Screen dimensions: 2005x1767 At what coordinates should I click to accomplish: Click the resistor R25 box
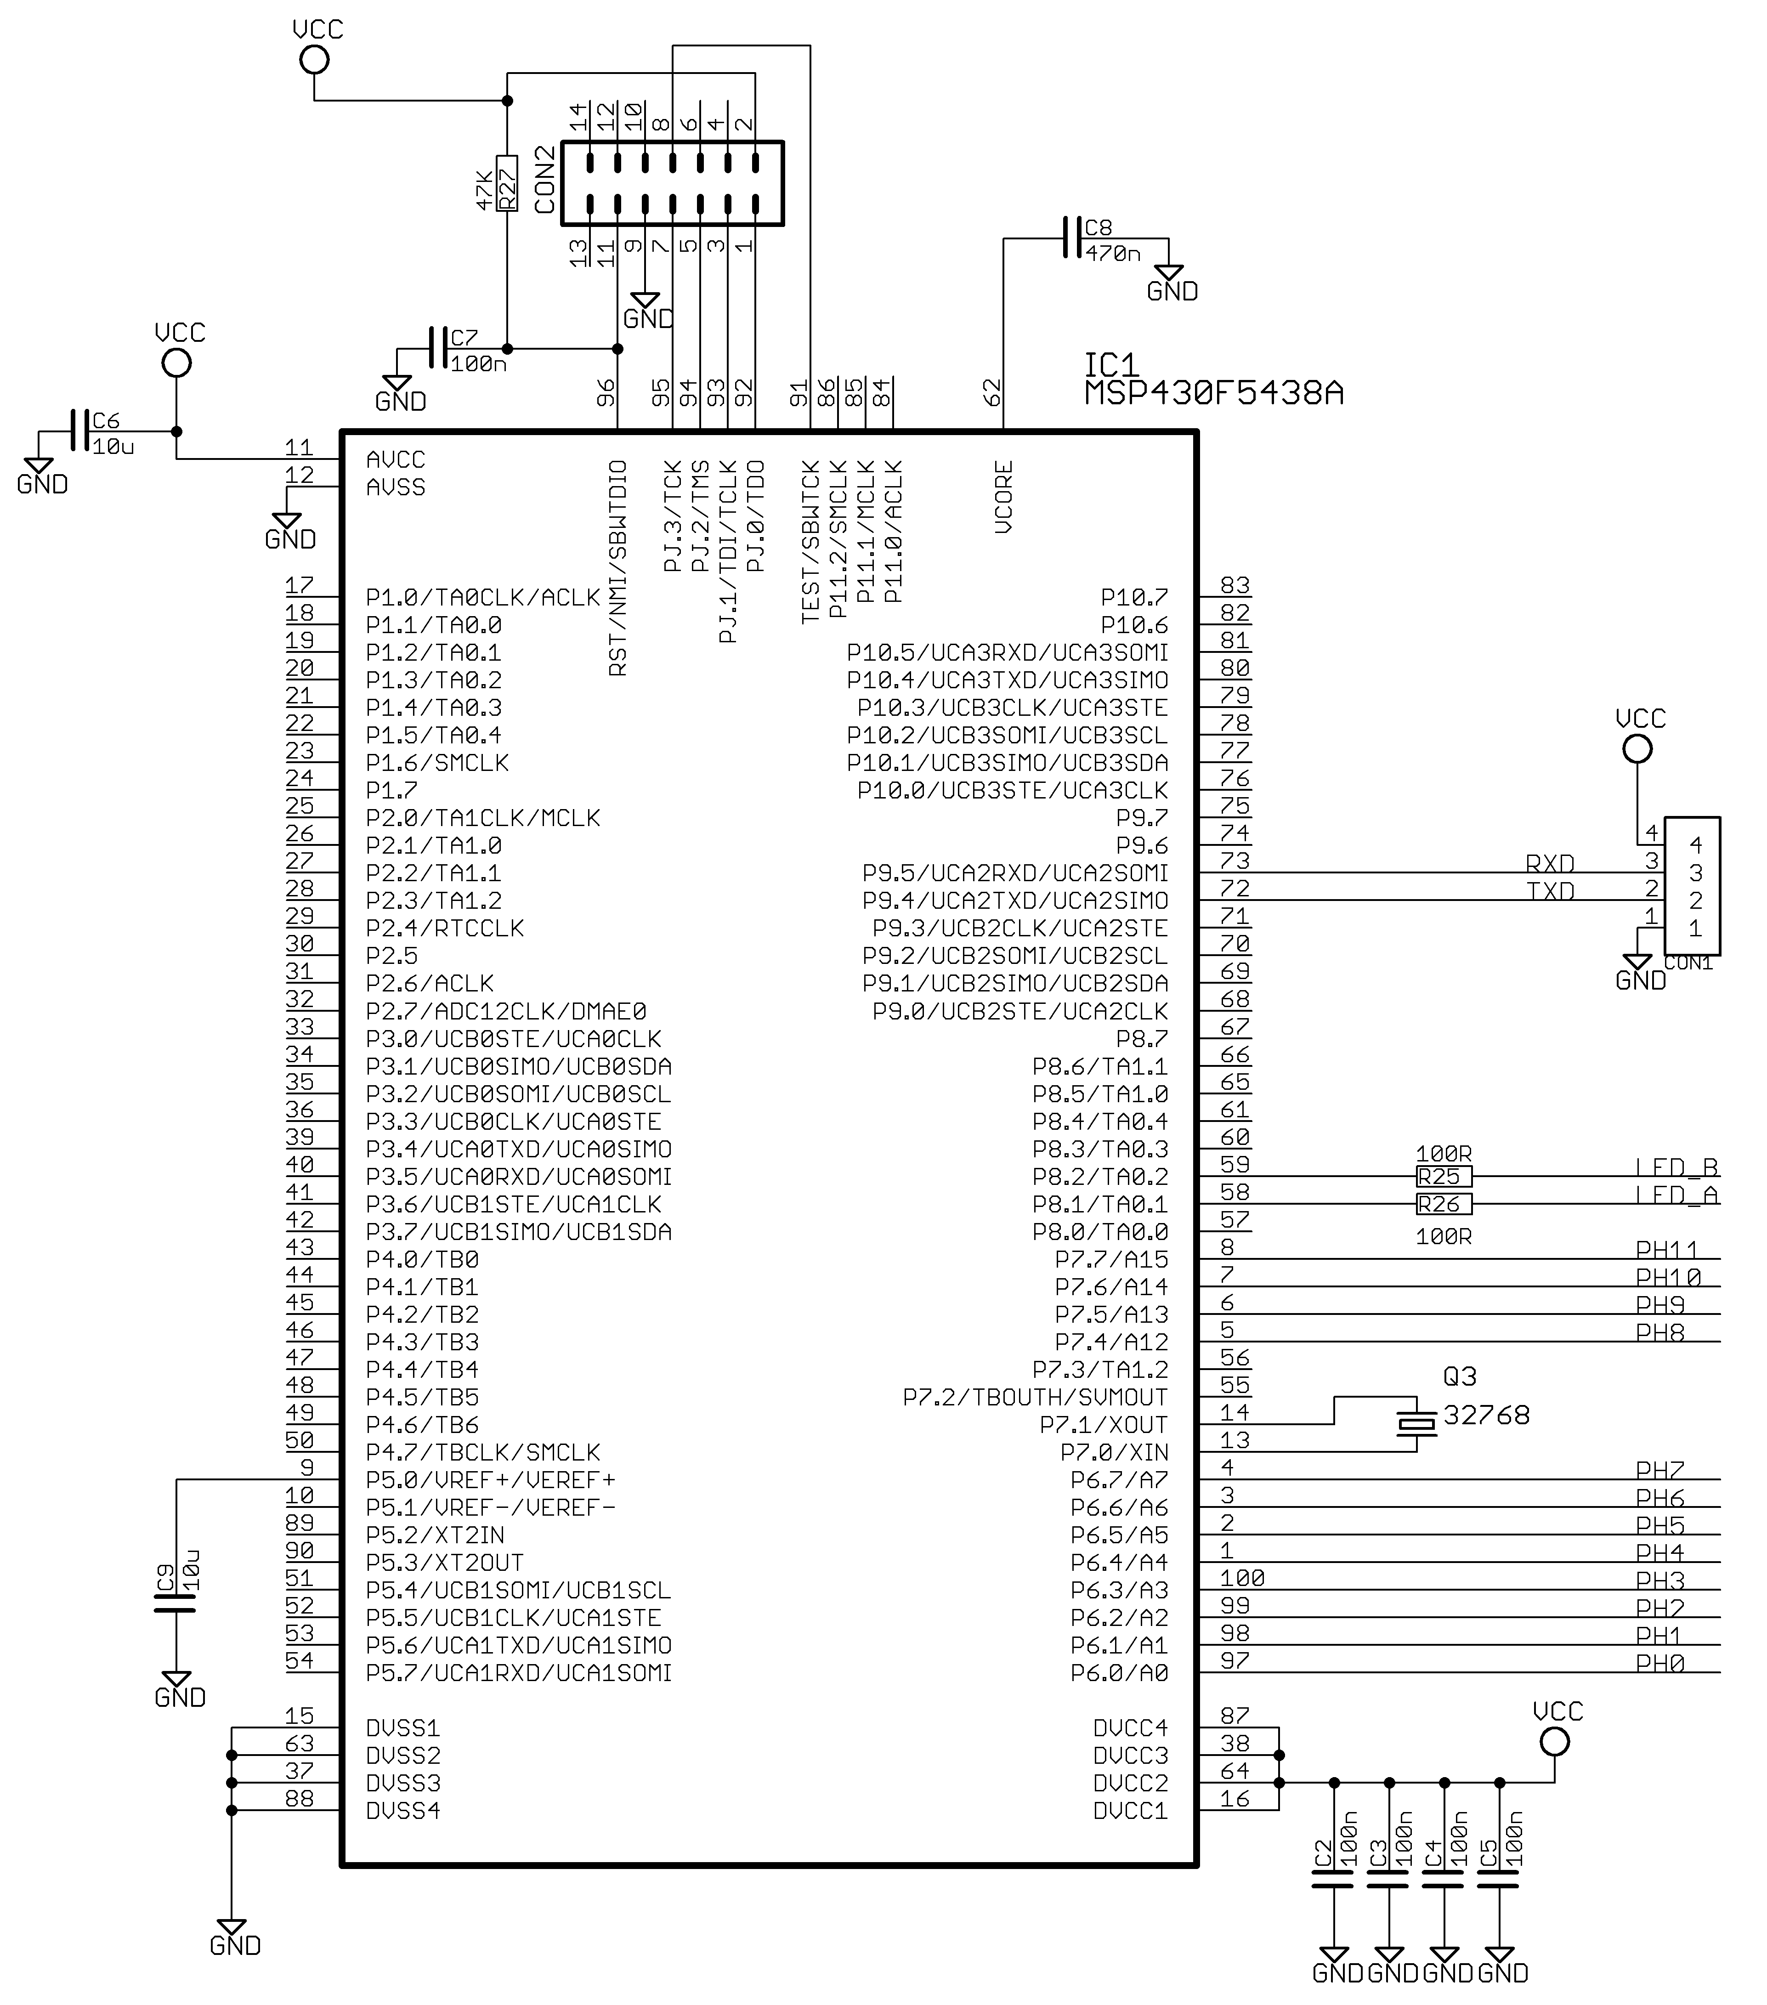click(x=1443, y=1176)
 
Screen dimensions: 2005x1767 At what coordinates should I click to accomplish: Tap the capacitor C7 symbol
click(x=437, y=348)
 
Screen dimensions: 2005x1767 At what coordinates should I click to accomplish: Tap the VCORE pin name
click(x=1002, y=497)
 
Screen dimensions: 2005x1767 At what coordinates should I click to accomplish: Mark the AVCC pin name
click(x=396, y=459)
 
